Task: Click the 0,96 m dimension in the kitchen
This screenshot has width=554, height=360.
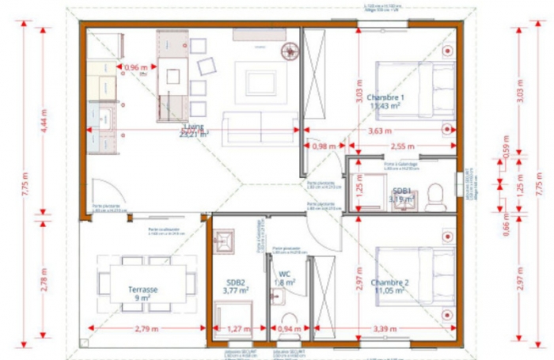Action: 137,68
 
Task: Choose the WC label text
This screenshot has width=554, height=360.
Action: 284,276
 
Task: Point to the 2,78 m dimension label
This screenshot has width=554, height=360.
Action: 46,282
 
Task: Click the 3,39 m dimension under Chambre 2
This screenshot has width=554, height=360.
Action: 387,328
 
